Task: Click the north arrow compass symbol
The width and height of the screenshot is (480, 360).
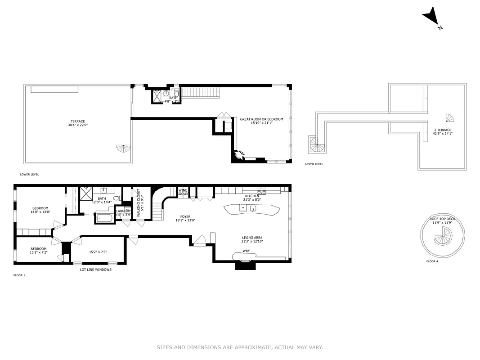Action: (431, 16)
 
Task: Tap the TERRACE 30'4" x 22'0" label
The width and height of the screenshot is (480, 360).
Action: (77, 123)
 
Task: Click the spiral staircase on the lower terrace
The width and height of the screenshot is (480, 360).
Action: (123, 148)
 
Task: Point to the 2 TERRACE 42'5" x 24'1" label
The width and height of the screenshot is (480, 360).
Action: (443, 131)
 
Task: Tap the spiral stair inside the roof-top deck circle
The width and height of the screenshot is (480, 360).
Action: (444, 234)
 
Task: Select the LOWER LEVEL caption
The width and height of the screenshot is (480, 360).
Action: (29, 174)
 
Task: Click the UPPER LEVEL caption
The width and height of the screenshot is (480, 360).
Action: (314, 164)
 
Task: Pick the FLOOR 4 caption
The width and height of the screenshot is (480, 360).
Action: (432, 261)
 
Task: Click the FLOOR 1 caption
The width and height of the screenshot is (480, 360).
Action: (19, 275)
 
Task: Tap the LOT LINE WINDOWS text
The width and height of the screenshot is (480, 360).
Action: (93, 270)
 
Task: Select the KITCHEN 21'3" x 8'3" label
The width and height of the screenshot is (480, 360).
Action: (252, 198)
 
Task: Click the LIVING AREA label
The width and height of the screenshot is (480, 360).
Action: (252, 239)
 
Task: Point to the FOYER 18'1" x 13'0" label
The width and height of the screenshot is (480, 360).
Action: (185, 218)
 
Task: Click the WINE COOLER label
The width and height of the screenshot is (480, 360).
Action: (183, 192)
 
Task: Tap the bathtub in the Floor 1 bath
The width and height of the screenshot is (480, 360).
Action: (105, 219)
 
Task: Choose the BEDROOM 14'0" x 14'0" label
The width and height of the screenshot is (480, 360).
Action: (40, 210)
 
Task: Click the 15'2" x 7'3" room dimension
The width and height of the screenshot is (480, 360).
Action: (98, 252)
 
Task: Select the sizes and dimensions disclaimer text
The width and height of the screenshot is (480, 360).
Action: (240, 347)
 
